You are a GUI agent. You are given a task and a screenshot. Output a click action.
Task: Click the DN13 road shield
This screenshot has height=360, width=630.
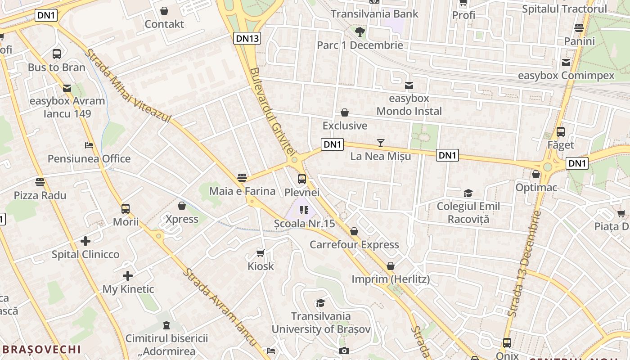tap(247, 38)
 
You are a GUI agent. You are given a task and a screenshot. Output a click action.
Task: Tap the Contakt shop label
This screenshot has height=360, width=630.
tap(164, 24)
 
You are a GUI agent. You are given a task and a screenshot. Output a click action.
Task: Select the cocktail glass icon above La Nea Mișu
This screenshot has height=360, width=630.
tap(381, 143)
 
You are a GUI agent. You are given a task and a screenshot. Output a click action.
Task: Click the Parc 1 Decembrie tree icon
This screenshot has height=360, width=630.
tap(360, 32)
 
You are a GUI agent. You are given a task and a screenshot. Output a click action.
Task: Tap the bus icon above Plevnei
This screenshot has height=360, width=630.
tap(302, 179)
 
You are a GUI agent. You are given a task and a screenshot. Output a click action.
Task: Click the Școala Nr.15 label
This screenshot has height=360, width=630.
tap(305, 223)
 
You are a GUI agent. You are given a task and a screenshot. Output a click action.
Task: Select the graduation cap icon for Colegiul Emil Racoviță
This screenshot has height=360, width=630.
tap(468, 193)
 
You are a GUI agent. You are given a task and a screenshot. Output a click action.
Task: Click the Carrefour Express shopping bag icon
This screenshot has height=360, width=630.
tap(354, 231)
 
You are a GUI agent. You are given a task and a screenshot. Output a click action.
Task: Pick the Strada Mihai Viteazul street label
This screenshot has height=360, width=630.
tap(128, 86)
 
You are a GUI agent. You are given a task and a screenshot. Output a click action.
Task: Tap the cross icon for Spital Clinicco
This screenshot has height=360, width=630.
tap(85, 241)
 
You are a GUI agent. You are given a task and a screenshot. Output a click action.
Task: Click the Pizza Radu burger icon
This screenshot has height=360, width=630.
tap(40, 182)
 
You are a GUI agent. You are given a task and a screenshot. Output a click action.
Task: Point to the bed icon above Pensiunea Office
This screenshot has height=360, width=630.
tap(89, 145)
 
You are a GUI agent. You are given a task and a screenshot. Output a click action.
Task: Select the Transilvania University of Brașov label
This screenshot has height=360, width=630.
tap(321, 323)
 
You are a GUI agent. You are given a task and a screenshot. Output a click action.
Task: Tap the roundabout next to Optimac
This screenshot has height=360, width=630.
tap(547, 167)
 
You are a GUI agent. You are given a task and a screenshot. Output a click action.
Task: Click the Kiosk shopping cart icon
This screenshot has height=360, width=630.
tap(260, 253)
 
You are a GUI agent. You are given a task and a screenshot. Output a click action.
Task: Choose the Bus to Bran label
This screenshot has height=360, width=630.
tap(57, 67)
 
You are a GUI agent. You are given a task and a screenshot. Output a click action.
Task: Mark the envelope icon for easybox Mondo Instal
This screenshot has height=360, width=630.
tap(409, 85)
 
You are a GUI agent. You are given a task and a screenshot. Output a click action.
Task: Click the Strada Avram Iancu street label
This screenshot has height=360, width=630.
tap(220, 307)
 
